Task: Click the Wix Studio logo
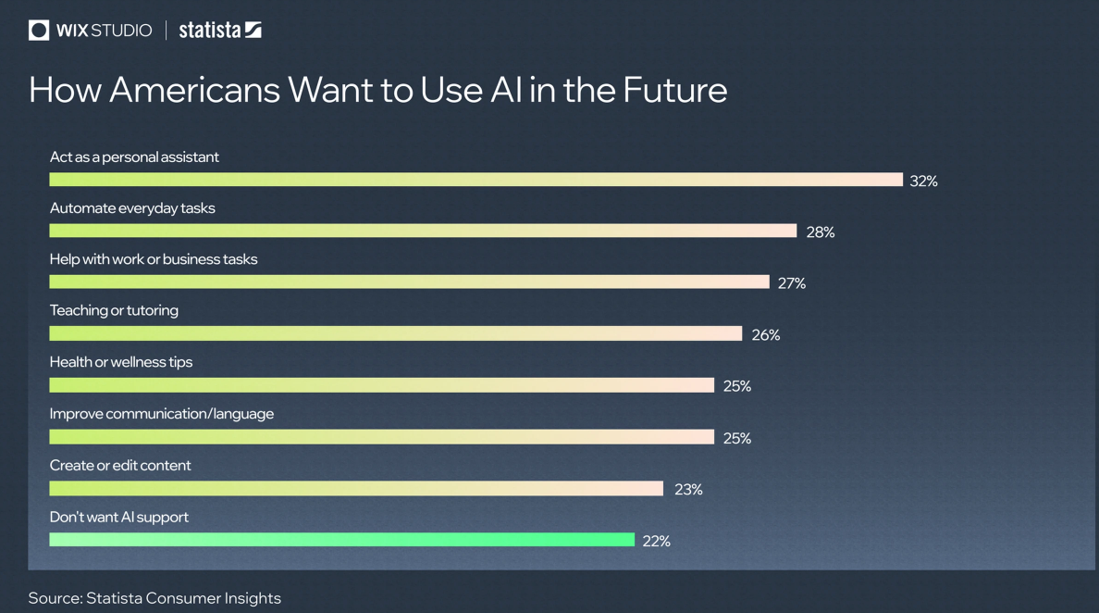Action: pos(90,31)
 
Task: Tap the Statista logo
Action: pos(220,31)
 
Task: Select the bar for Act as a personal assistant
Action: pos(475,180)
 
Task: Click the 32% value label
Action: pos(923,181)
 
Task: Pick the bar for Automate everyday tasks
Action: pos(423,231)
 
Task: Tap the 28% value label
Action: pos(820,232)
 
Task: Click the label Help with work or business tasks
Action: pos(154,259)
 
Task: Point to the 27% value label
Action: pos(791,283)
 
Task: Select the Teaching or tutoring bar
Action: pos(395,333)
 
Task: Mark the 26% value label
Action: pos(765,335)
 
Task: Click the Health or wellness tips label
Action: pos(121,362)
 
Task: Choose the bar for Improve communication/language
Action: pos(381,437)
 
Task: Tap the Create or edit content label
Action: pos(120,465)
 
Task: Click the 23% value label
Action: pos(688,489)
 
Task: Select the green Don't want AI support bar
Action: pos(341,540)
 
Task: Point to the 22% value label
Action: pos(656,542)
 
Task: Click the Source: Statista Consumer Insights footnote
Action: pos(154,598)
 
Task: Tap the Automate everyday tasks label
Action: pos(132,208)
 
